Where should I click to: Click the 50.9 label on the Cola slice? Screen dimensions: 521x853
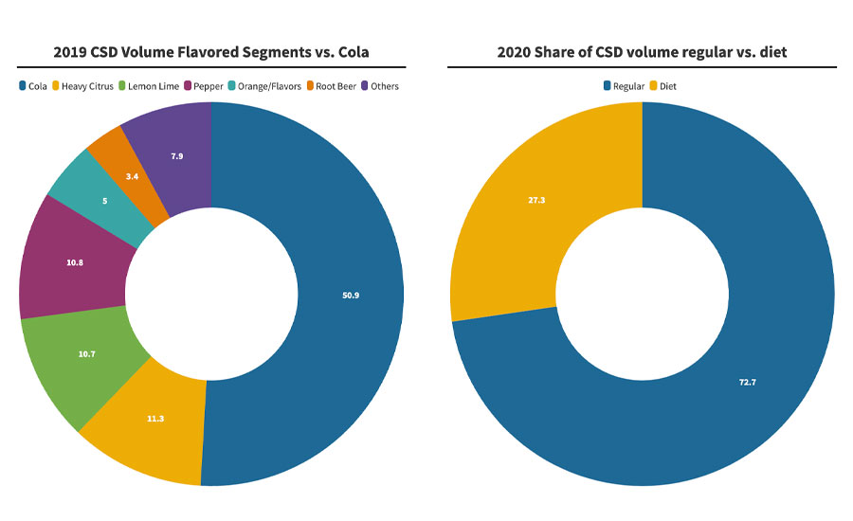351,295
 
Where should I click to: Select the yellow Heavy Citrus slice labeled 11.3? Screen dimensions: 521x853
155,418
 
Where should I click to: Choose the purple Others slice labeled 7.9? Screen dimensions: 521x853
176,155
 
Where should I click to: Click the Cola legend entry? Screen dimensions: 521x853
35,86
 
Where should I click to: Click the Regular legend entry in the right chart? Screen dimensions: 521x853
625,86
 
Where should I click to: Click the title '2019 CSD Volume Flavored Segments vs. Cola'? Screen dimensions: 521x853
211,52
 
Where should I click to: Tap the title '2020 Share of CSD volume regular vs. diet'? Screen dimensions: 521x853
643,52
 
